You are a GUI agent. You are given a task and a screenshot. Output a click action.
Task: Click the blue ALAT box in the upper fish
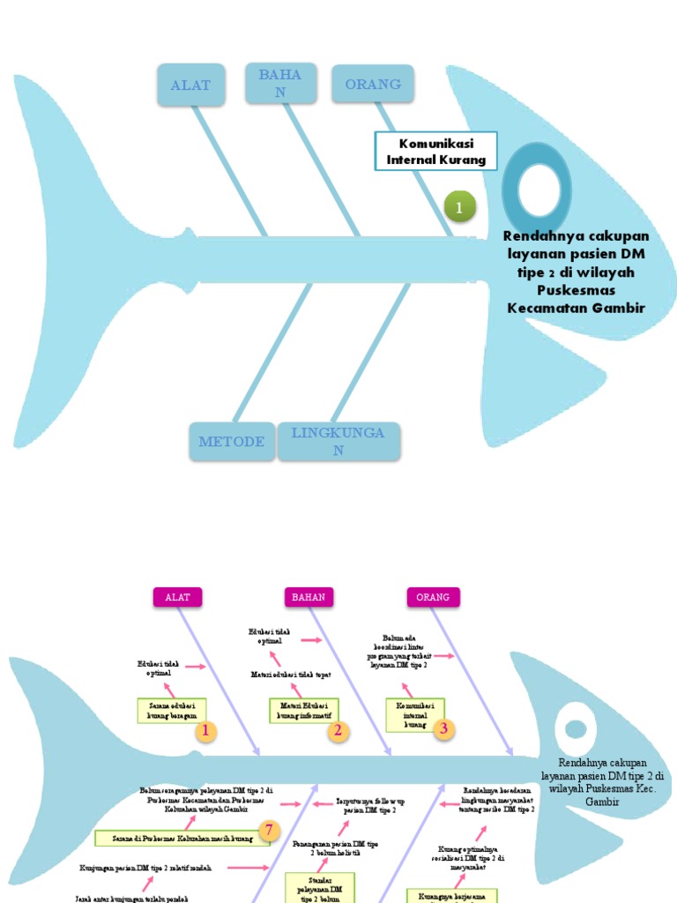[190, 85]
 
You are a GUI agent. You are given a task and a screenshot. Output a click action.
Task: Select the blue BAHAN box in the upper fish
[280, 84]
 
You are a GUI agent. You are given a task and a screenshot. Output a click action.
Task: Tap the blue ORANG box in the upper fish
[373, 84]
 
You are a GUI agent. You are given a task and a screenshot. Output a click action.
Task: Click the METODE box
[232, 441]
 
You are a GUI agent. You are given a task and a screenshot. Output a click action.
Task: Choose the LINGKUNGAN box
[338, 441]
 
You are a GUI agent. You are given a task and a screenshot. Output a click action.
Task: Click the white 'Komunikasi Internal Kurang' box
[435, 152]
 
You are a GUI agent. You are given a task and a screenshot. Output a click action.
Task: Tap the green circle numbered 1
[459, 207]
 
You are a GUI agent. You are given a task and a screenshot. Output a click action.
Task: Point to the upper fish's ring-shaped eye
[544, 190]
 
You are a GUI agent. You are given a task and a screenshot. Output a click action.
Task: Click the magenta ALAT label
[177, 597]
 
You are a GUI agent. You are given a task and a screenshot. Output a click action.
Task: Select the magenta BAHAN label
[309, 597]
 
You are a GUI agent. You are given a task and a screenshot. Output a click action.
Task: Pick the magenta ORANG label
[434, 597]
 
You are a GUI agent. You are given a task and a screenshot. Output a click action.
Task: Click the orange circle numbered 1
[205, 731]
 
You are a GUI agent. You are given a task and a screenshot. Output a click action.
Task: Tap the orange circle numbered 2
[336, 730]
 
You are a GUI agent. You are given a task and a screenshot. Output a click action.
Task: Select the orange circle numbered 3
[444, 728]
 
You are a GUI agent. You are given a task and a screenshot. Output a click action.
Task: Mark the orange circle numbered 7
[271, 830]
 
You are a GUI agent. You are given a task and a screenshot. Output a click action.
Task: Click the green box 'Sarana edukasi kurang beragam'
[172, 711]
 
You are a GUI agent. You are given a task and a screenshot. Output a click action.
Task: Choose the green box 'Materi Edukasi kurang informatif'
[303, 711]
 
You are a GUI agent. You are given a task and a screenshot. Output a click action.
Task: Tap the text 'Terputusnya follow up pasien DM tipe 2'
[371, 805]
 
